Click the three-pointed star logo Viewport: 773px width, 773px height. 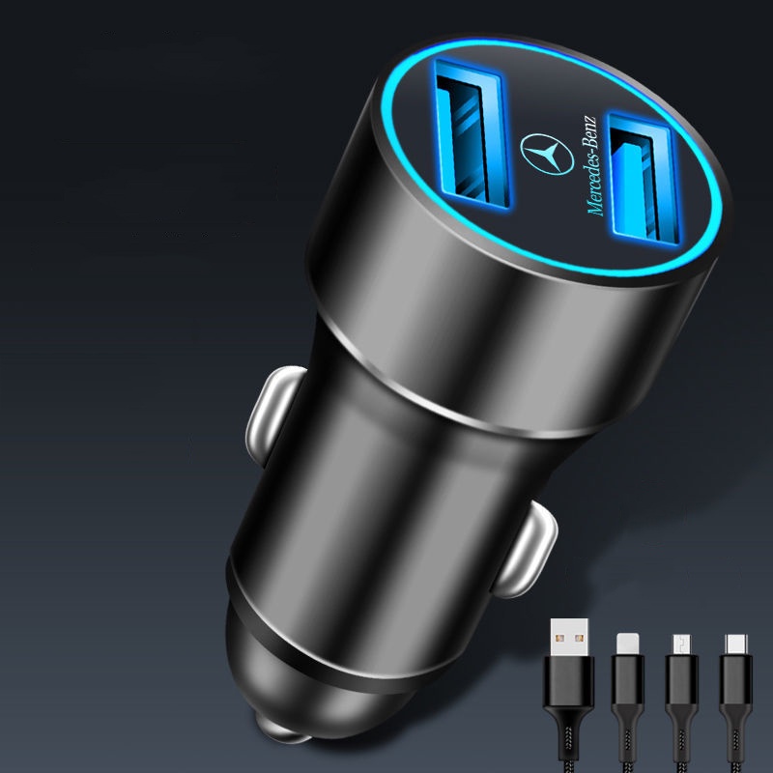pos(547,154)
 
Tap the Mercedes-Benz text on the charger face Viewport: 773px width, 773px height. pos(591,165)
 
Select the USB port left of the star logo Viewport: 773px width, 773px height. pos(472,133)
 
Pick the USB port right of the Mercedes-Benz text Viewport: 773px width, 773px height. pos(643,179)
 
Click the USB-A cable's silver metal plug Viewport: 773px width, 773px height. pos(569,637)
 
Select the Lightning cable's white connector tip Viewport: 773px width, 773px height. pos(627,644)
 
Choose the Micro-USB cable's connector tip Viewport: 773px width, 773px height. pos(682,644)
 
